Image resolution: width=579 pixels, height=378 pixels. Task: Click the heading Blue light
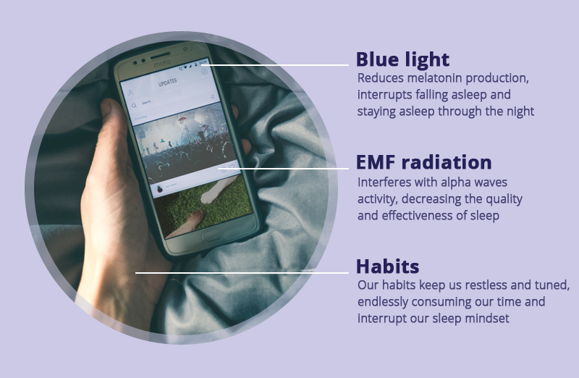(402, 59)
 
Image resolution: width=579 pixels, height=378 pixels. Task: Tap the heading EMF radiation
(423, 162)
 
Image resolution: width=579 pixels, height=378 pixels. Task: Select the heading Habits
(387, 266)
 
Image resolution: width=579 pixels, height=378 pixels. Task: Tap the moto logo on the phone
(162, 63)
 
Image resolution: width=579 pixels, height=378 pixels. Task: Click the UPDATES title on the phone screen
(167, 83)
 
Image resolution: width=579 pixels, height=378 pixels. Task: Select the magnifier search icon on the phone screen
(134, 106)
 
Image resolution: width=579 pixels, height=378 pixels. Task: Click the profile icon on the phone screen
(131, 93)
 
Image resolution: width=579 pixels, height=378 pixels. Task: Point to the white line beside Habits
(242, 273)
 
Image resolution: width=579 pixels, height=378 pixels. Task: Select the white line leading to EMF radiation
(283, 169)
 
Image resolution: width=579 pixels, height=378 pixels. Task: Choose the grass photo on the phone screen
(203, 208)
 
